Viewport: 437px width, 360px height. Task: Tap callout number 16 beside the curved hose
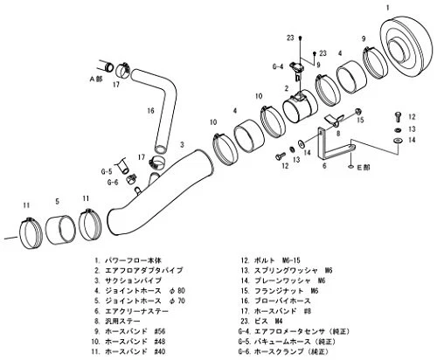point(150,111)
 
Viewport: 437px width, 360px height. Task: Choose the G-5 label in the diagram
point(107,172)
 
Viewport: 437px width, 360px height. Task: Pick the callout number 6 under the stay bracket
point(324,165)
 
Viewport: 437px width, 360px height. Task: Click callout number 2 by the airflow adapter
point(285,89)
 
